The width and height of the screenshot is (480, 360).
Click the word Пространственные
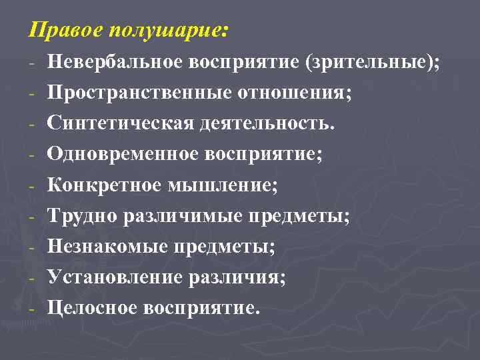pyautogui.click(x=139, y=93)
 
